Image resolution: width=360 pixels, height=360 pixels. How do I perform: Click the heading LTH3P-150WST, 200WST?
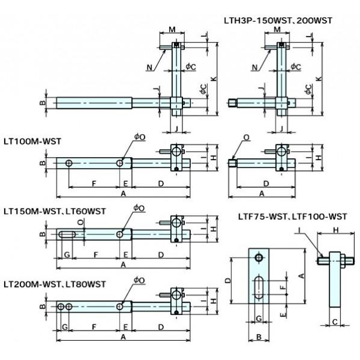[x=278, y=20]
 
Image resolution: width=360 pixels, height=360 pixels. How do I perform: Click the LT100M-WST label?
[x=33, y=141]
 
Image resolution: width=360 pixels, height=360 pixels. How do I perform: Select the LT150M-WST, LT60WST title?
[x=55, y=211]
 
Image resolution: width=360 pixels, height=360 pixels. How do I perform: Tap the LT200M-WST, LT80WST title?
[x=55, y=285]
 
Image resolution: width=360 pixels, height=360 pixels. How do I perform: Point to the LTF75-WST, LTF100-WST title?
[x=293, y=217]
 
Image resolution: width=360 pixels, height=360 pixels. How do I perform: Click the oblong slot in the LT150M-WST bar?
[x=67, y=234]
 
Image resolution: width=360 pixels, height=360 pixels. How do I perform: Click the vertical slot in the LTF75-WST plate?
[x=259, y=287]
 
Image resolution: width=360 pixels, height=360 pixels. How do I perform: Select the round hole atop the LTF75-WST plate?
[x=259, y=258]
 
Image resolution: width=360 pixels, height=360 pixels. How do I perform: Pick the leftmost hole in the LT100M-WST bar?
[x=69, y=163]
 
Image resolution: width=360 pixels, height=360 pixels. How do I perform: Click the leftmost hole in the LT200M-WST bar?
[x=61, y=306]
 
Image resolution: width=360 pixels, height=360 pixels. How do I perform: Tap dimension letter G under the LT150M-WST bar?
[x=67, y=255]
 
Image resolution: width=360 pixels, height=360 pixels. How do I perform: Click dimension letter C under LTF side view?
[x=335, y=322]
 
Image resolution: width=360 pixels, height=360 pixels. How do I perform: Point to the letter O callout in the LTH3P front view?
[x=246, y=137]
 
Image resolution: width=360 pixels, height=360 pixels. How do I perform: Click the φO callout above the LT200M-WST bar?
[x=139, y=280]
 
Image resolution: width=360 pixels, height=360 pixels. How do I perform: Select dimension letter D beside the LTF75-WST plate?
[x=228, y=281]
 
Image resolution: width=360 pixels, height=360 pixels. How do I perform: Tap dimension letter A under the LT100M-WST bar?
[x=123, y=194]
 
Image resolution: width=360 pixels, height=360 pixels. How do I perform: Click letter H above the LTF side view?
[x=336, y=230]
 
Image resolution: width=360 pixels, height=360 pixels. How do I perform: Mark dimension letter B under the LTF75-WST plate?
[x=259, y=337]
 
